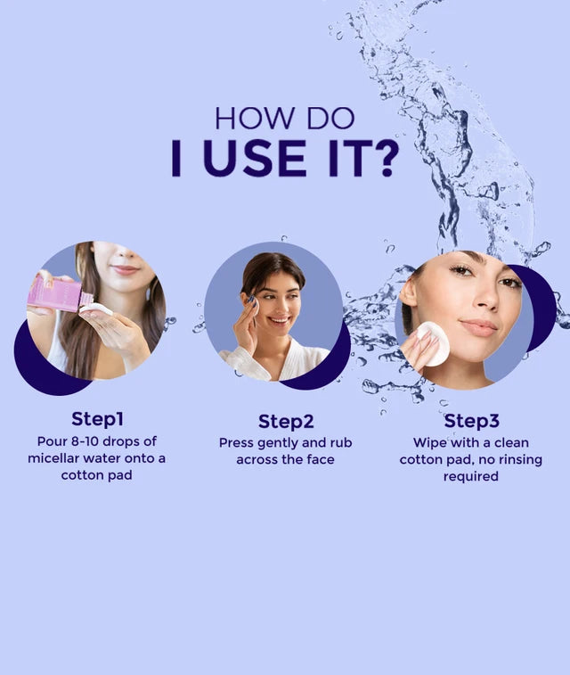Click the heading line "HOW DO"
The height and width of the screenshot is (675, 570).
284,119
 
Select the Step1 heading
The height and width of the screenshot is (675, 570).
97,418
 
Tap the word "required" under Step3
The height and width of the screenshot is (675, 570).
470,477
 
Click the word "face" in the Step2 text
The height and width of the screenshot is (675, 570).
317,460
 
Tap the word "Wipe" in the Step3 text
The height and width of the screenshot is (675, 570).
429,443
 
